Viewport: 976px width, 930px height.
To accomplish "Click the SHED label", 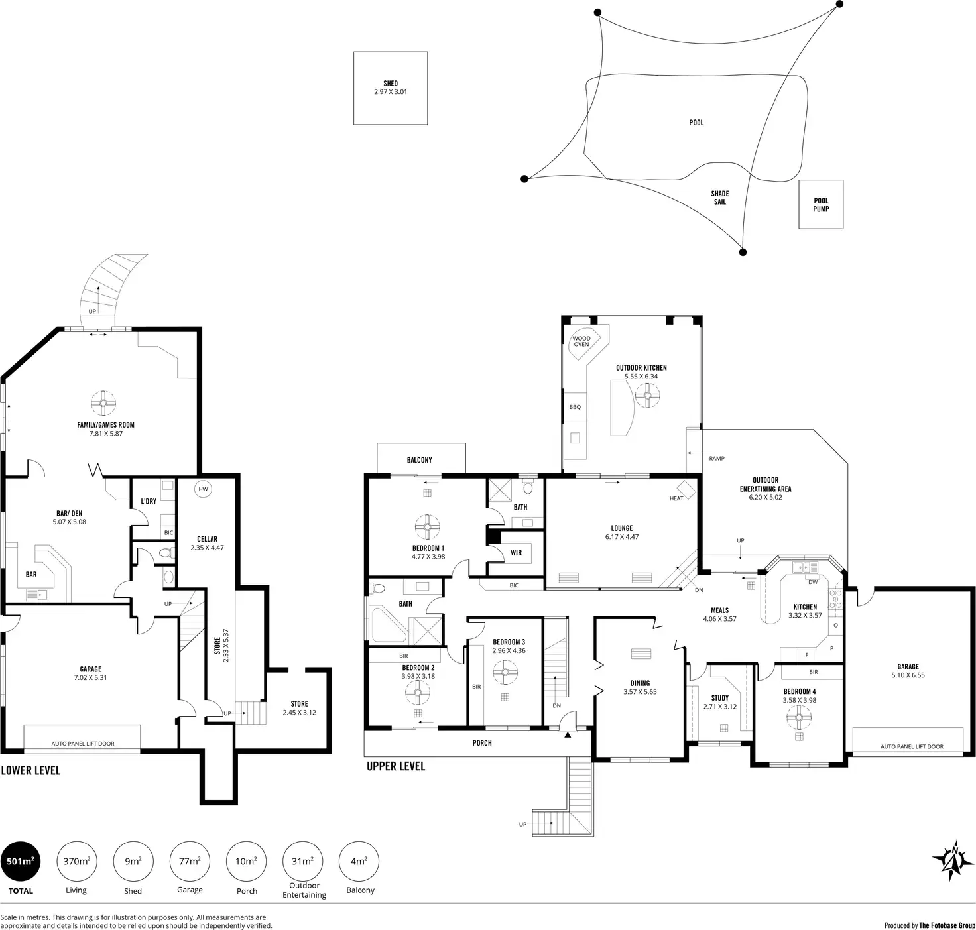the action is [391, 84].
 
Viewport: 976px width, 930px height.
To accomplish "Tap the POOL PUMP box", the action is [821, 205].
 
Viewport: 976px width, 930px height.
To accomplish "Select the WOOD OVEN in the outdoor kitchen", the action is [581, 341].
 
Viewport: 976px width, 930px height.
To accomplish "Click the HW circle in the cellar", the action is [204, 489].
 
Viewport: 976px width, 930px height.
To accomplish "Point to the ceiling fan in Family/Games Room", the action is [103, 402].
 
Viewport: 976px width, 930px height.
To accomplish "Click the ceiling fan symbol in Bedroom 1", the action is [428, 528].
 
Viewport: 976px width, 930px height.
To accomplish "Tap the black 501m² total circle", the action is [20, 862].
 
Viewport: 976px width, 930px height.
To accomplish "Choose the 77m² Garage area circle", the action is [190, 862].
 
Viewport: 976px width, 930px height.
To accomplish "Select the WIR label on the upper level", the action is [516, 553].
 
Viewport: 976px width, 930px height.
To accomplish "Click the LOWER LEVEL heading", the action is [30, 770].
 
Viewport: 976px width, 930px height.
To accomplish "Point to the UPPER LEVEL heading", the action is [396, 766].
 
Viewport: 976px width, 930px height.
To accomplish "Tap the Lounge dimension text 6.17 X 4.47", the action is [622, 537].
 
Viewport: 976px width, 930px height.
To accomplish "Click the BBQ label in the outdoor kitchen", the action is [575, 407].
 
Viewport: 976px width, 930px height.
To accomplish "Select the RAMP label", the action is [717, 458].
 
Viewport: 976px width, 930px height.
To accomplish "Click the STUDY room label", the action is [720, 698].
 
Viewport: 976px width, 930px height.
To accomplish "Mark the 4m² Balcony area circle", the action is [359, 862].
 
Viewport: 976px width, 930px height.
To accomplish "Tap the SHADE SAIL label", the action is [720, 198].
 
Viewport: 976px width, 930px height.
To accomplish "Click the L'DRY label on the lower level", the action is [149, 502].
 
